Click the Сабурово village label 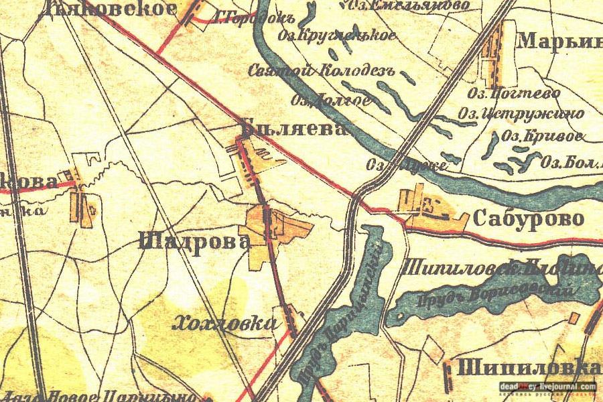tap(529, 218)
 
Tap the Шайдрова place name tap(194, 241)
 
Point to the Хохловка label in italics tap(224, 324)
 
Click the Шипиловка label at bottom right tap(528, 367)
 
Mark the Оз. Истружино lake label tap(521, 114)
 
